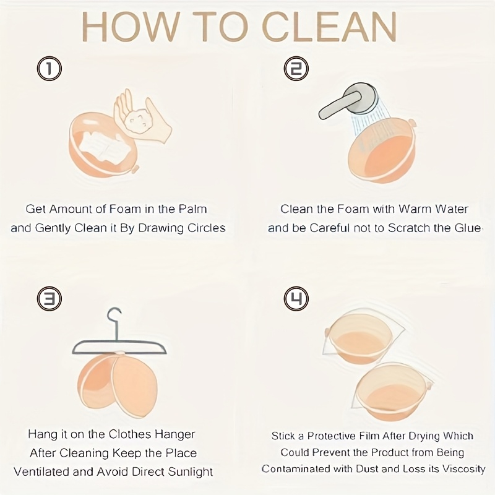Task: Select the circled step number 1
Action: click(x=49, y=68)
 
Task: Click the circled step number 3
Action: click(x=49, y=299)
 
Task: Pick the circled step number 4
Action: click(x=296, y=299)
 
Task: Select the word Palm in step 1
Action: click(x=194, y=209)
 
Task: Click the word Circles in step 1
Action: click(x=205, y=228)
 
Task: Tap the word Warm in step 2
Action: click(x=406, y=209)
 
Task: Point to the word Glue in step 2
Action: click(x=468, y=228)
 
